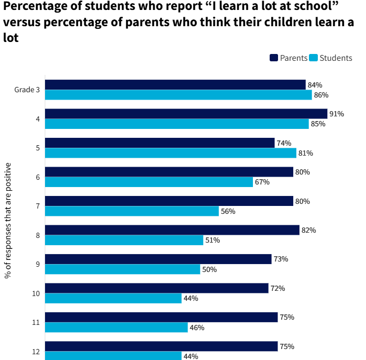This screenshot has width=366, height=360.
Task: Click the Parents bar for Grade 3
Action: pyautogui.click(x=175, y=85)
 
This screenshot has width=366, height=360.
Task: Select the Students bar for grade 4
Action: pyautogui.click(x=176, y=124)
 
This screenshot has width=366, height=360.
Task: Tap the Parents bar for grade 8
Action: pyautogui.click(x=172, y=230)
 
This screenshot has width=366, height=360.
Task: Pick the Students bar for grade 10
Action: pyautogui.click(x=113, y=298)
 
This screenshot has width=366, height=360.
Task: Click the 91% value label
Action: pyautogui.click(x=337, y=114)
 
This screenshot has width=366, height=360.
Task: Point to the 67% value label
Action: pyautogui.click(x=262, y=182)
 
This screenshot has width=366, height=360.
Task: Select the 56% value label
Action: pyautogui.click(x=228, y=211)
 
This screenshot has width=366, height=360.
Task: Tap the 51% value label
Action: pyautogui.click(x=212, y=240)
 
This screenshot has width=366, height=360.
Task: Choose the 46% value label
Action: pyautogui.click(x=197, y=328)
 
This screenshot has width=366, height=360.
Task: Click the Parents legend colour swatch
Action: pyautogui.click(x=274, y=58)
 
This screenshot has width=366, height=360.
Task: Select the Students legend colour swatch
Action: pyautogui.click(x=314, y=58)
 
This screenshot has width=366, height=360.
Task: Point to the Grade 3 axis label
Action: pyautogui.click(x=27, y=90)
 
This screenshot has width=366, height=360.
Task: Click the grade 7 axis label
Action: pyautogui.click(x=38, y=206)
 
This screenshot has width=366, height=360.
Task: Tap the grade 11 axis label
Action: pyautogui.click(x=36, y=322)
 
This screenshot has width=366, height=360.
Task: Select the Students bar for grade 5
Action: pyautogui.click(x=170, y=153)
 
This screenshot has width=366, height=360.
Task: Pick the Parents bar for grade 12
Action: pyautogui.click(x=161, y=346)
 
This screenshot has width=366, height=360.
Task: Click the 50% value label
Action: pyautogui.click(x=209, y=269)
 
